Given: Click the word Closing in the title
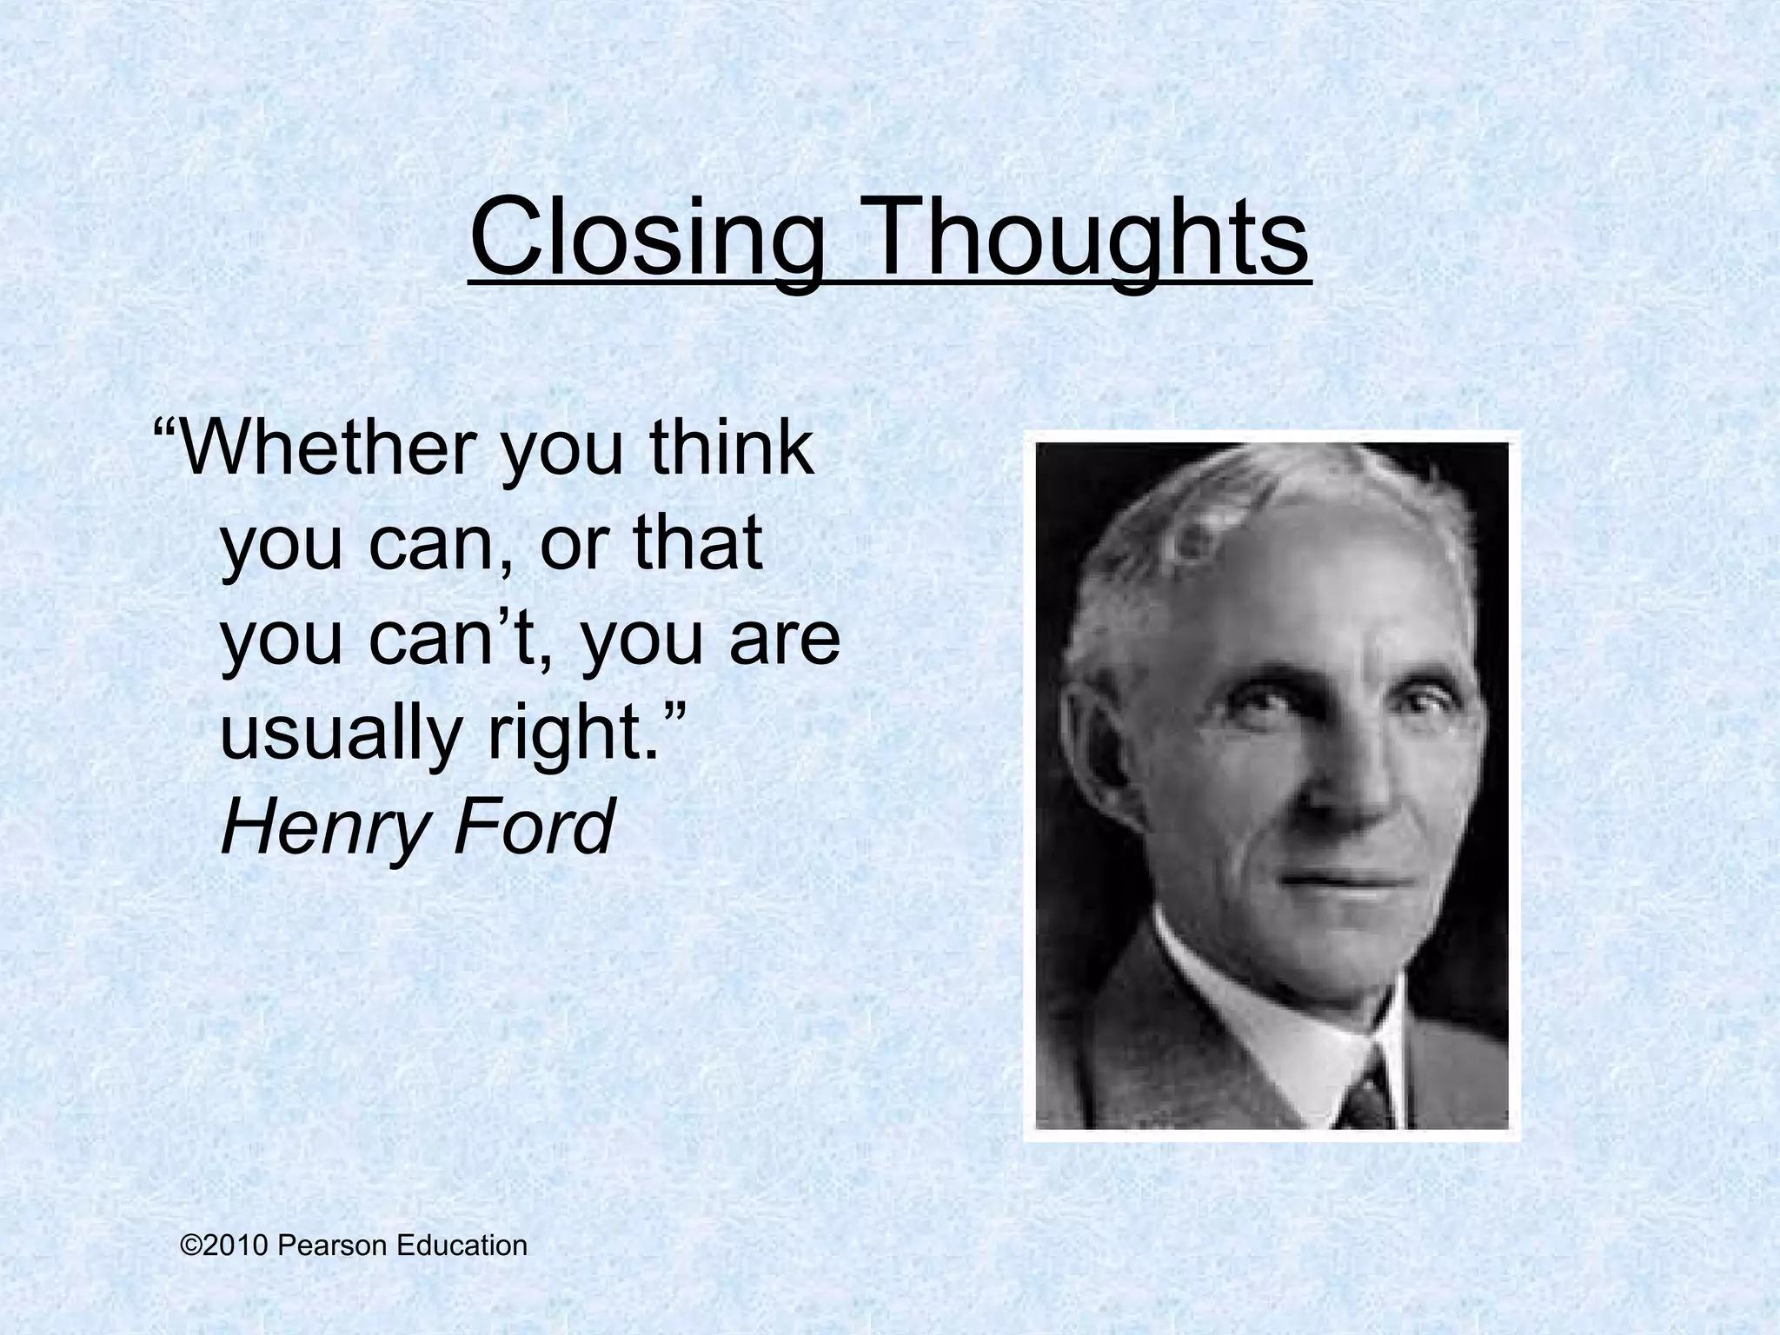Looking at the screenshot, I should [x=646, y=236].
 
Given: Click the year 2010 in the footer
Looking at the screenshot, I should [x=238, y=1245].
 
